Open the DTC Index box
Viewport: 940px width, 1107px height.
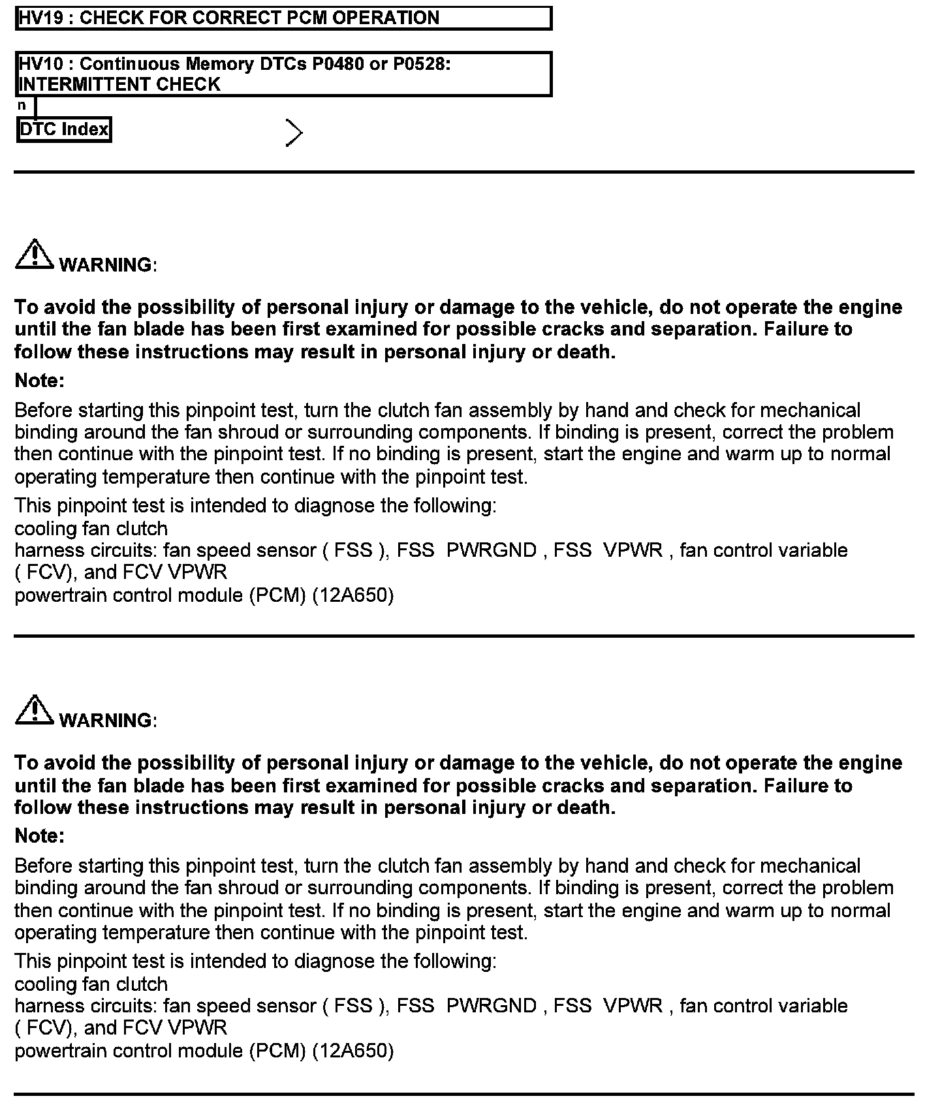tap(64, 129)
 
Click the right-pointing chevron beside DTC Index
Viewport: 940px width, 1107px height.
tap(294, 133)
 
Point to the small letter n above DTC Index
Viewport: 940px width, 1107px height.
tap(22, 105)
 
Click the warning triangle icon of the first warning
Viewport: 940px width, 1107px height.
tap(35, 255)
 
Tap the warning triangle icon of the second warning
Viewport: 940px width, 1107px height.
tap(35, 710)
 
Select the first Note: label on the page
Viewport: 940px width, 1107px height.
tap(40, 381)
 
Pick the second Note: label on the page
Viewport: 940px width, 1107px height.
tap(40, 836)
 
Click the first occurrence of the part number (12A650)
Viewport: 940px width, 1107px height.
tap(353, 595)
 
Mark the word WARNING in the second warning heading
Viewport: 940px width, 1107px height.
tap(106, 721)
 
